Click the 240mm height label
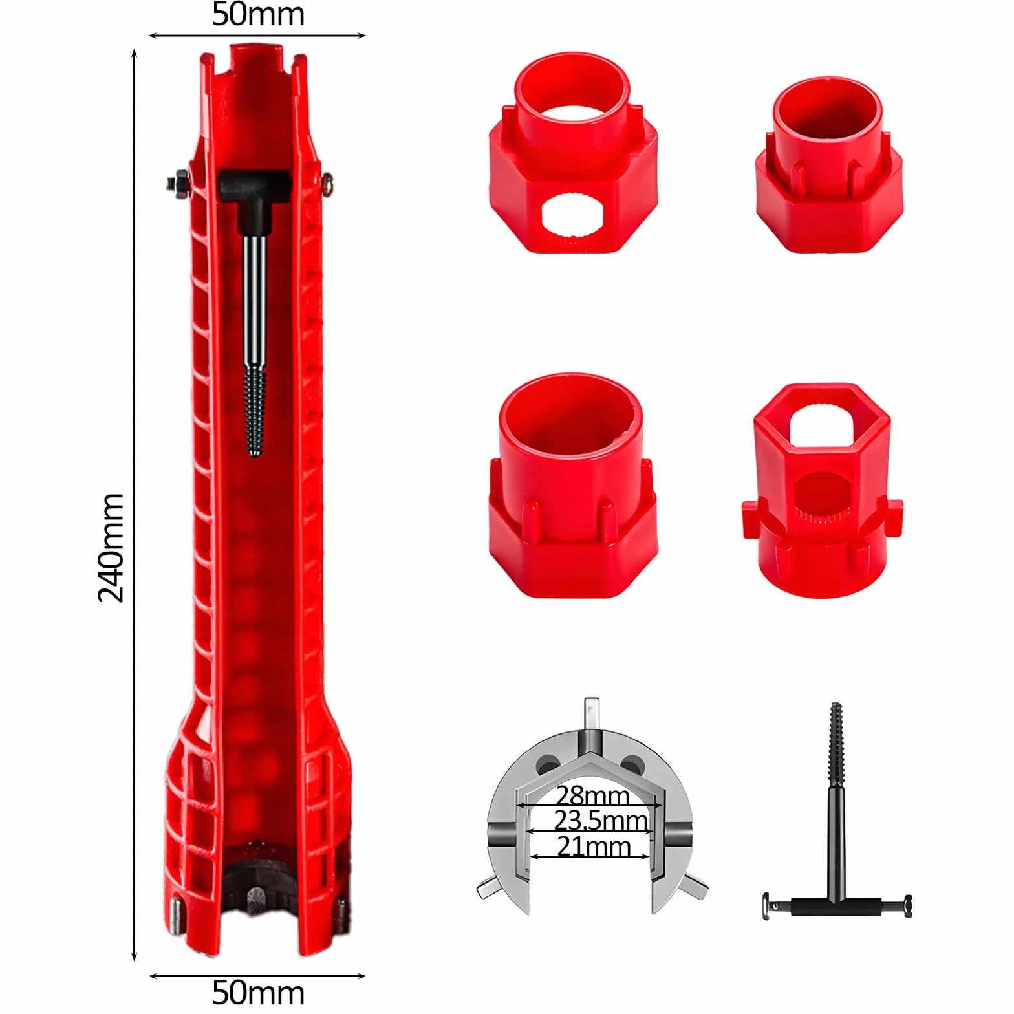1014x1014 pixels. (111, 547)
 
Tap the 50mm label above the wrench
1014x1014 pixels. (258, 14)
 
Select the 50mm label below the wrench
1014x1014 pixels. (258, 992)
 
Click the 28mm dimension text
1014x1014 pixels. (592, 795)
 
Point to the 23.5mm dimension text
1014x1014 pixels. (601, 820)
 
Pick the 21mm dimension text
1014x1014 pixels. (594, 846)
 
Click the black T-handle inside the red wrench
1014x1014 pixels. (253, 194)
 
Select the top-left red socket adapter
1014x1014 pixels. (573, 153)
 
